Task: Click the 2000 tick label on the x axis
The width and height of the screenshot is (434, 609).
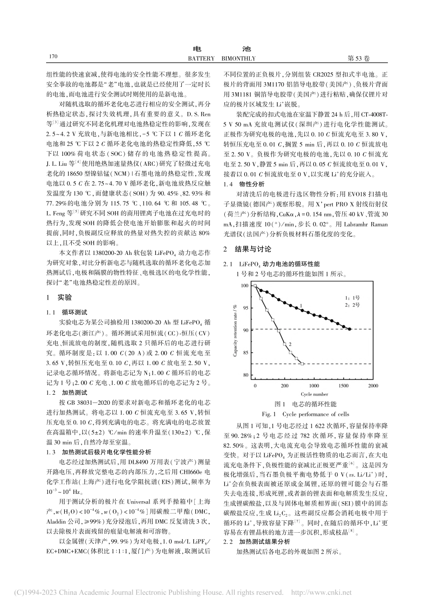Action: pyautogui.click(x=373, y=386)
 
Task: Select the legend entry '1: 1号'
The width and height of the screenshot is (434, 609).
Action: pyautogui.click(x=352, y=297)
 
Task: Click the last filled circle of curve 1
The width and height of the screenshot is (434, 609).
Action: pyautogui.click(x=349, y=329)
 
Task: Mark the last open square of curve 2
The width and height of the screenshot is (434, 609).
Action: pyautogui.click(x=302, y=364)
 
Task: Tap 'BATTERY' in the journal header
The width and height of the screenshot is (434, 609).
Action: pyautogui.click(x=201, y=58)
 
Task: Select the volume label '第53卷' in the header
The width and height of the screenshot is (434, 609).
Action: pyautogui.click(x=359, y=58)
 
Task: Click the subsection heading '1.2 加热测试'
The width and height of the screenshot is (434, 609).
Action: pyautogui.click(x=67, y=392)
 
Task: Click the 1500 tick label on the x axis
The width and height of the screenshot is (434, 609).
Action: pyautogui.click(x=343, y=386)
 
